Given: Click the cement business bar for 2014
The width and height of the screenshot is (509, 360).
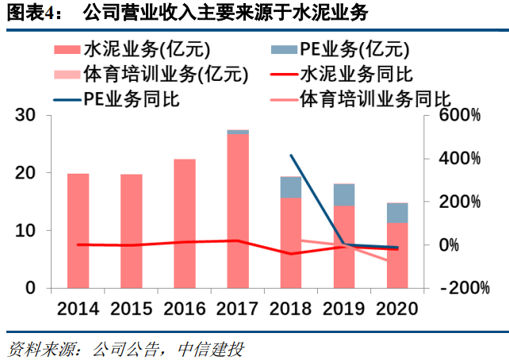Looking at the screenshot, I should (x=78, y=231).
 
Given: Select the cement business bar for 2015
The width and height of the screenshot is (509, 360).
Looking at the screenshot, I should (x=132, y=232).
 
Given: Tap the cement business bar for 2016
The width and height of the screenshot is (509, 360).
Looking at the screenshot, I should (x=185, y=224).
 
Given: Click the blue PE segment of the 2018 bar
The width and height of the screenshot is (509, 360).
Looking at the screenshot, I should (x=291, y=188).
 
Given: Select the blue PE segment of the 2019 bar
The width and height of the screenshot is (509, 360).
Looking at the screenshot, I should (x=344, y=195).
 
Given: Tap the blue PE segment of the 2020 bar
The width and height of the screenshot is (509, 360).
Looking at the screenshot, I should (x=397, y=213).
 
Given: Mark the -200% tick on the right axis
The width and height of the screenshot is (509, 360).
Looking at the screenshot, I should (x=457, y=288).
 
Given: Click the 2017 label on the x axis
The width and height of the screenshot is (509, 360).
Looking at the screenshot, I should (x=238, y=308).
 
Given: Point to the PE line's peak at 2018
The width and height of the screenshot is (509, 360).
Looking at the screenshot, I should (x=291, y=155).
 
